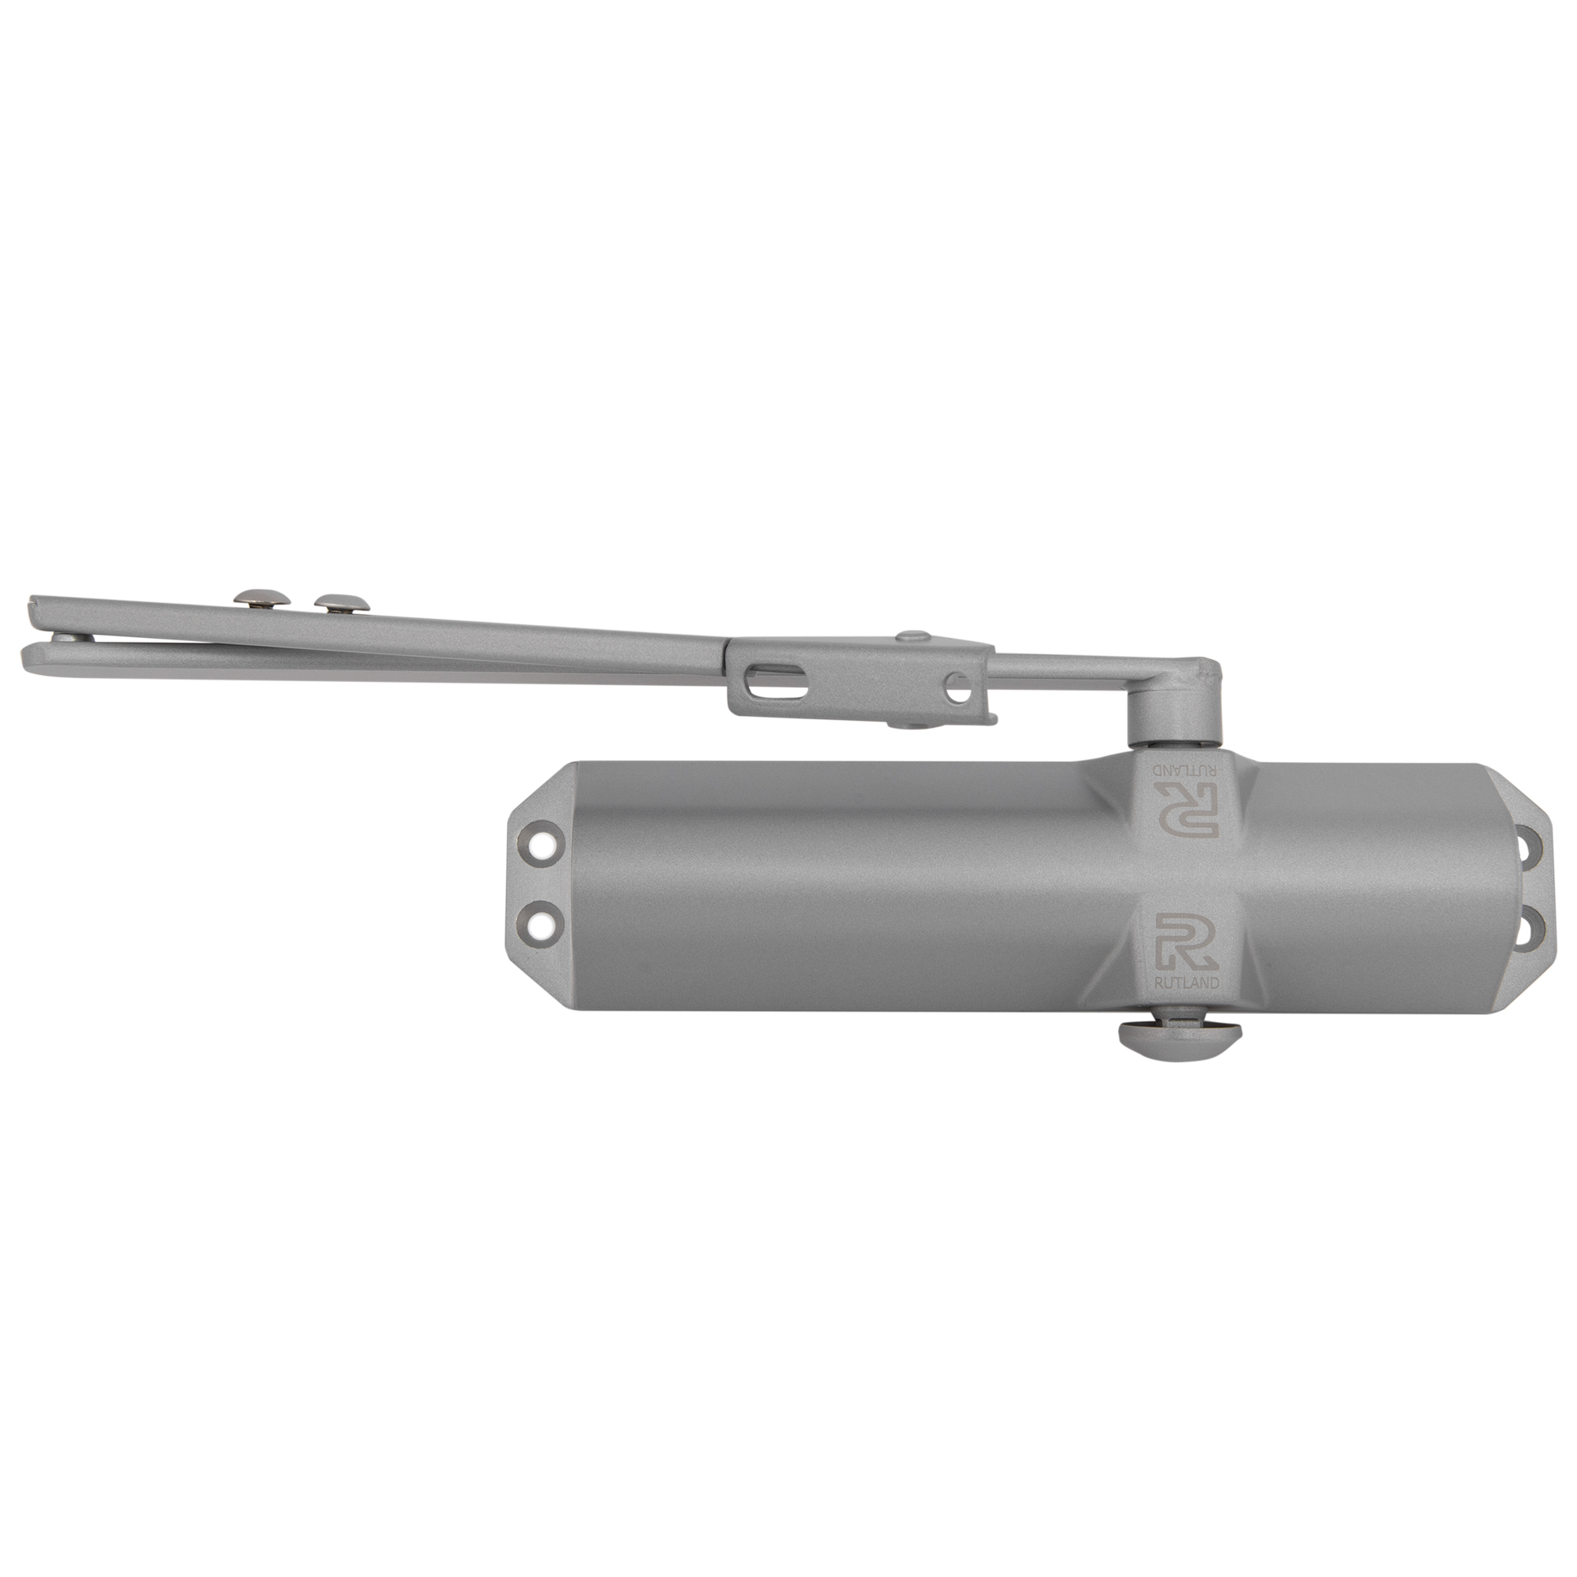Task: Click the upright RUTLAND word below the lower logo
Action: (x=1187, y=983)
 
